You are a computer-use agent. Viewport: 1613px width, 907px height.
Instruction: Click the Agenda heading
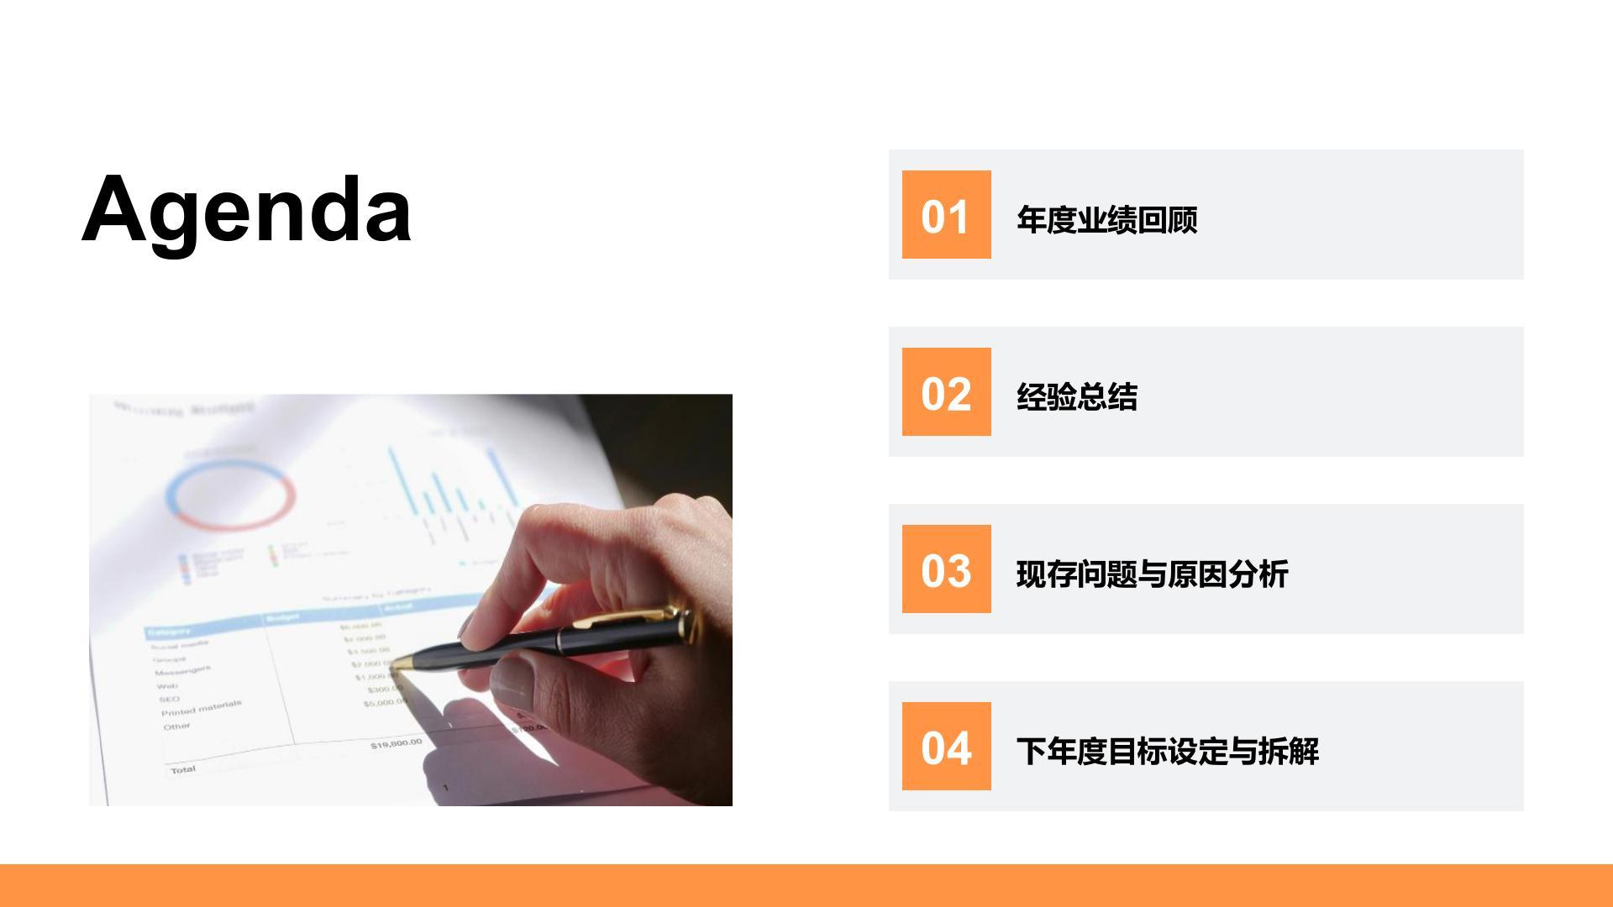click(246, 209)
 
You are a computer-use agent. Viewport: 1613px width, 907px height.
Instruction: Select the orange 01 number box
click(946, 215)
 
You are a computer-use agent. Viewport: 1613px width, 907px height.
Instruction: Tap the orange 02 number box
click(946, 392)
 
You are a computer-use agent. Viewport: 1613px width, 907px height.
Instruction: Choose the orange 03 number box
click(946, 569)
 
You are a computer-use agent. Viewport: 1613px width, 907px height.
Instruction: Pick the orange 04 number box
click(946, 747)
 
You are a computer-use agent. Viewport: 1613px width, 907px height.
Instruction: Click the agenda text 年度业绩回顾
click(1106, 219)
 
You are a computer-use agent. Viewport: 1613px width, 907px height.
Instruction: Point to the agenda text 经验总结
click(1076, 396)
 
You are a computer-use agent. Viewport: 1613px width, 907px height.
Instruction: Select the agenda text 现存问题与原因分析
click(1152, 574)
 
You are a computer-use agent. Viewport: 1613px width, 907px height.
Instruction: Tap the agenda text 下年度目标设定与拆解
click(1167, 751)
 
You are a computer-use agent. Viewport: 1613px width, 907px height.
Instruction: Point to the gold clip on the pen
click(630, 617)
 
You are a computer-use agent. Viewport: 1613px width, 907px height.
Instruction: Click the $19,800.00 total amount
click(396, 743)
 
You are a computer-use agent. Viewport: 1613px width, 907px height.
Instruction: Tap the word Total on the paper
click(183, 769)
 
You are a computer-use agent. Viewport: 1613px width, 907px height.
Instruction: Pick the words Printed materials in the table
click(202, 708)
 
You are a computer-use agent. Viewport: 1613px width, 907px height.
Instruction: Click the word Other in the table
click(177, 726)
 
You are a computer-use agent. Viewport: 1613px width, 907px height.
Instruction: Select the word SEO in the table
click(169, 699)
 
